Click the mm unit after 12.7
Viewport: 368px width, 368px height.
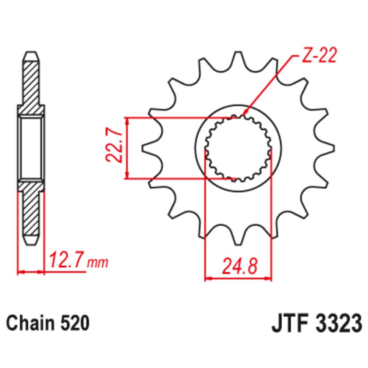tap(98, 263)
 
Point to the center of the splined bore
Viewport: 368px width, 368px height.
tap(238, 149)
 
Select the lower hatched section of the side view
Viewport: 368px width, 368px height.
tap(31, 213)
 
